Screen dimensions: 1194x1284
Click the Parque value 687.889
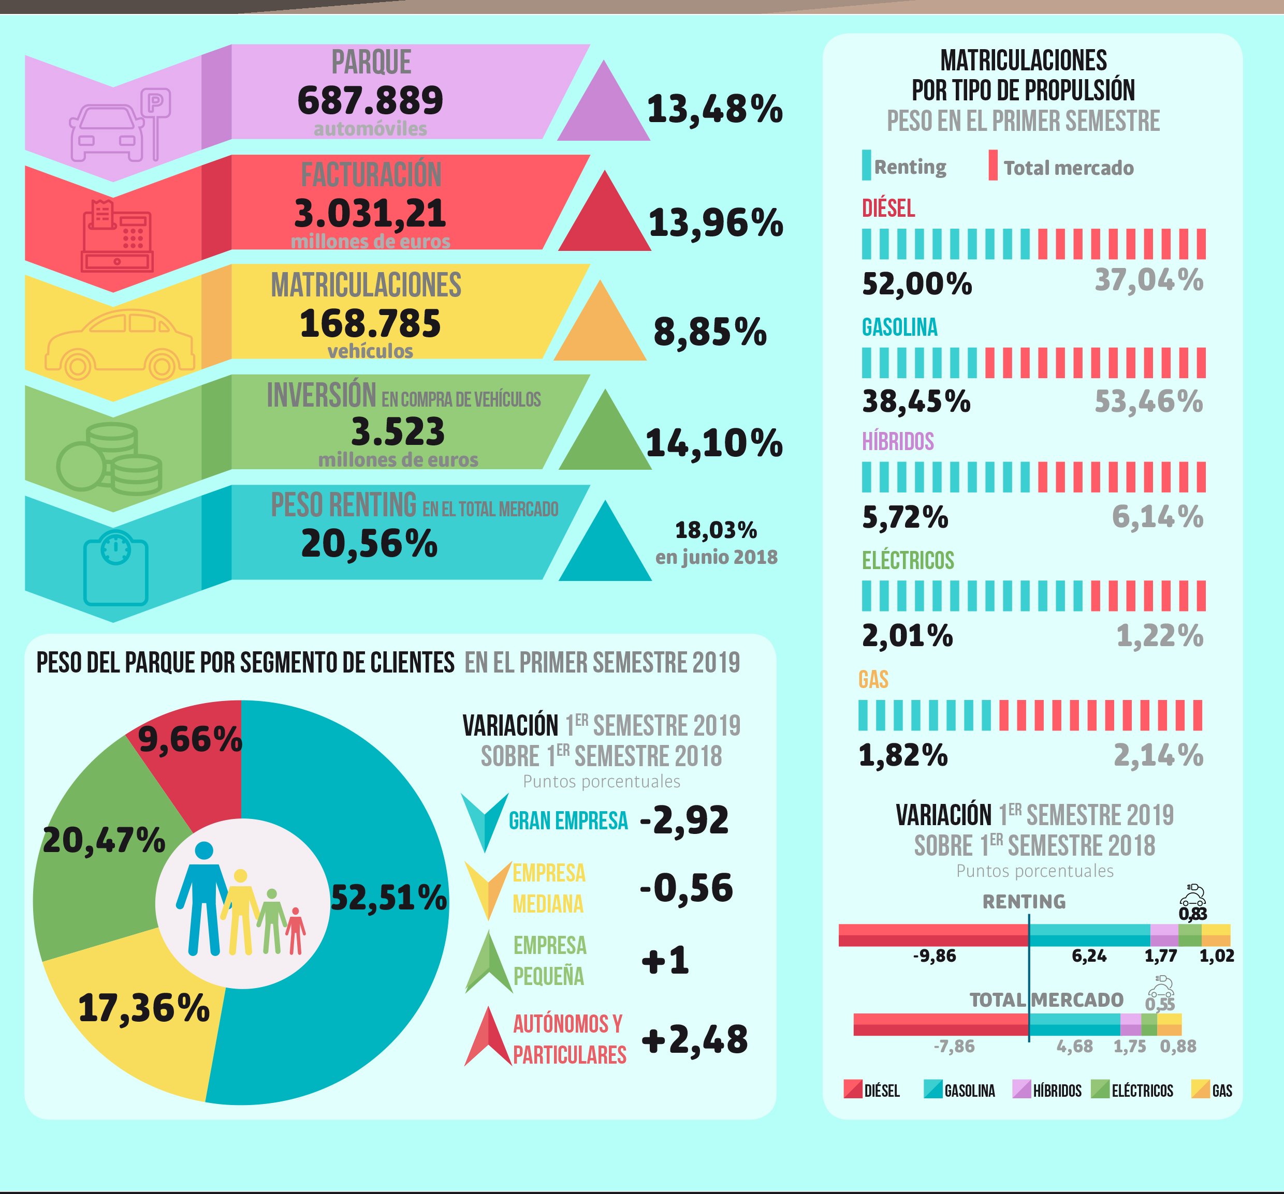pyautogui.click(x=370, y=101)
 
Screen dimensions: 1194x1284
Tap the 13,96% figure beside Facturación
pyautogui.click(x=716, y=223)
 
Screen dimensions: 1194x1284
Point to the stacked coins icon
pyautogui.click(x=110, y=458)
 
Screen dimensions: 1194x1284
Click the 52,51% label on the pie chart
pyautogui.click(x=388, y=897)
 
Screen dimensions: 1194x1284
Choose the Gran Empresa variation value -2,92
pyautogui.click(x=684, y=820)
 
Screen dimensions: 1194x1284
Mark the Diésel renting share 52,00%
pyautogui.click(x=916, y=284)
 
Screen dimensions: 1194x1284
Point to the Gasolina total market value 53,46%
pyautogui.click(x=1148, y=401)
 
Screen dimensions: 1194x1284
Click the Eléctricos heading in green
pyautogui.click(x=908, y=560)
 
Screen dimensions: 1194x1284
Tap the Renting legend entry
pyautogui.click(x=904, y=167)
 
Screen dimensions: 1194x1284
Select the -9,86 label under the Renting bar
pyautogui.click(x=934, y=956)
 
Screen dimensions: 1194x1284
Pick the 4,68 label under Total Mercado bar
pyautogui.click(x=1074, y=1046)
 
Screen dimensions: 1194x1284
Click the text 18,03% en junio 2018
pyautogui.click(x=716, y=543)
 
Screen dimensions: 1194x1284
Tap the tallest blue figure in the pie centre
pyautogui.click(x=203, y=899)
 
